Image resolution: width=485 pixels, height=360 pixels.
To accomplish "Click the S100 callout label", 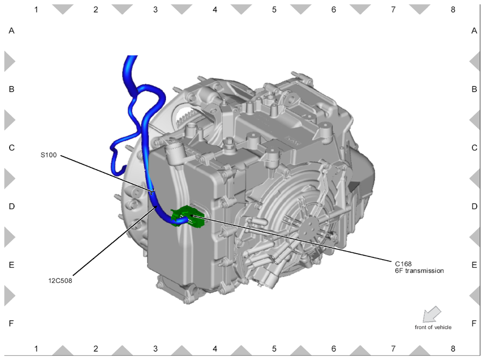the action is (x=49, y=155).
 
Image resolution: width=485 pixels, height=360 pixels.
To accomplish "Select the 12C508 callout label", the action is (x=60, y=281).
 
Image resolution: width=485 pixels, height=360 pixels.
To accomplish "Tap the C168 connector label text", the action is (x=403, y=264).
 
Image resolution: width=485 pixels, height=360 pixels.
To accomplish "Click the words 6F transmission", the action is (x=419, y=271).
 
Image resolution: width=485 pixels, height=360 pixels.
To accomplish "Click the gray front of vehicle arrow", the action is (x=432, y=314).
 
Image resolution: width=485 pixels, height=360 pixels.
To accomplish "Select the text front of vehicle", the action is (x=433, y=327).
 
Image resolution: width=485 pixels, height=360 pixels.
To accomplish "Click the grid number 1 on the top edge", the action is (x=36, y=10).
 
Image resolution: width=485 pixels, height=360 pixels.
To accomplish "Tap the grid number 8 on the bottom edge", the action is (x=453, y=349).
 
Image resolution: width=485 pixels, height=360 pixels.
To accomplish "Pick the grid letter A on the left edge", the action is (x=11, y=31).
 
